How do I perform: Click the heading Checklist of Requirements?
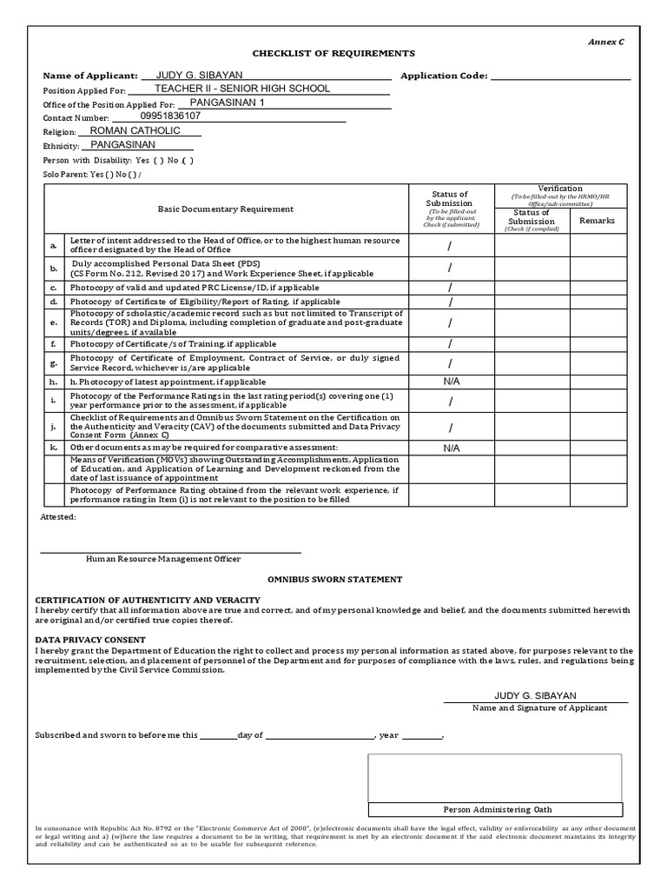click(x=321, y=53)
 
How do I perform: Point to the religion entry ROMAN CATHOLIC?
click(x=142, y=130)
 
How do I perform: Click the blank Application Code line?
click(x=560, y=76)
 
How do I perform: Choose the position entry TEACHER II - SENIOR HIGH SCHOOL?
click(x=242, y=89)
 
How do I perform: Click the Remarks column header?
click(x=597, y=221)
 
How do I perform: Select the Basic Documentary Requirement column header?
click(x=225, y=209)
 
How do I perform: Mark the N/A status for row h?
click(x=451, y=382)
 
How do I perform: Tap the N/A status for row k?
click(x=451, y=448)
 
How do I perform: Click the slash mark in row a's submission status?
click(x=450, y=246)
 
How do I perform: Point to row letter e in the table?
click(x=54, y=322)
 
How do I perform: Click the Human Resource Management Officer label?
click(x=163, y=559)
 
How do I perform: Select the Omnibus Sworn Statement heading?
click(x=333, y=579)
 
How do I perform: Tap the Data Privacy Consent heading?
click(x=89, y=640)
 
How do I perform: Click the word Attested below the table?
click(x=58, y=516)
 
